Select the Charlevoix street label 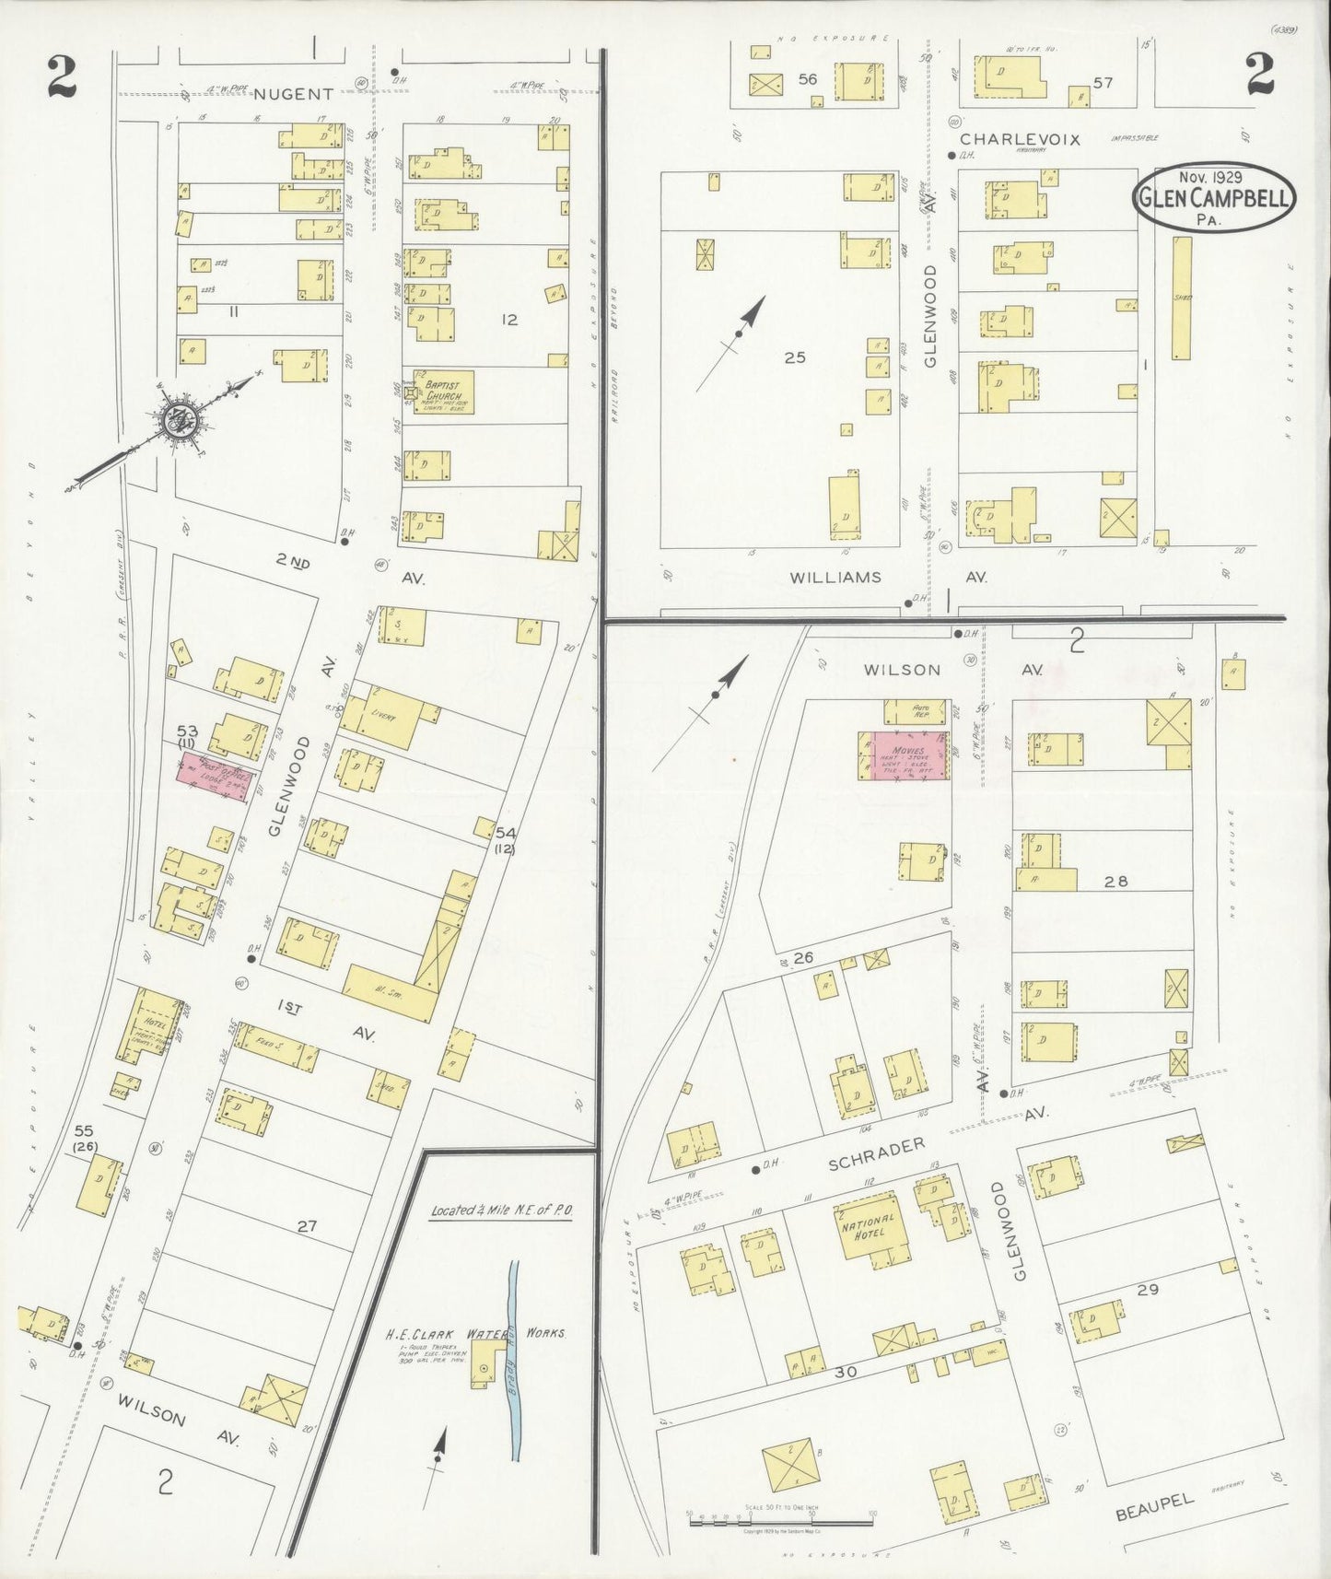tap(1006, 138)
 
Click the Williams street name tap(835, 578)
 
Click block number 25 tap(794, 357)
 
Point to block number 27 tap(307, 1226)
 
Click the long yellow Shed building tap(1181, 298)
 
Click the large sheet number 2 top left tap(61, 79)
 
